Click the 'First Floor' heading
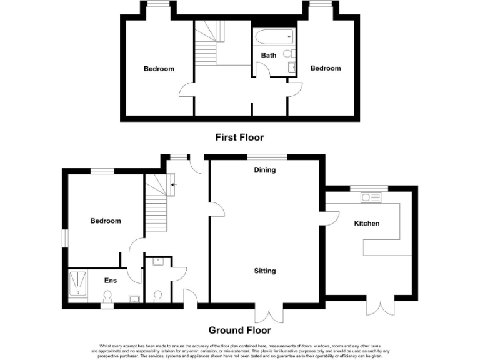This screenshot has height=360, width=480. click(239, 137)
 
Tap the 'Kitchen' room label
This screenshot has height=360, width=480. click(367, 223)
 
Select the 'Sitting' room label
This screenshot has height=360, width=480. click(265, 271)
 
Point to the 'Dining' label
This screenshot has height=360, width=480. click(265, 169)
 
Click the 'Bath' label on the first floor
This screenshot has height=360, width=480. click(269, 56)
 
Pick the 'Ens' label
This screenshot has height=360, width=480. click(110, 281)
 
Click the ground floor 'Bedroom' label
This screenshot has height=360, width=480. click(106, 221)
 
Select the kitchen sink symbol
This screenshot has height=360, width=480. click(371, 198)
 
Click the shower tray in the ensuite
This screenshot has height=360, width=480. click(79, 284)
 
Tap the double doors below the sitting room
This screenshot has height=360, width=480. click(273, 314)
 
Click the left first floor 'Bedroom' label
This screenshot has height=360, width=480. click(159, 69)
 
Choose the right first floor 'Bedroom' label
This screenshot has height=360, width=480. click(326, 68)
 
